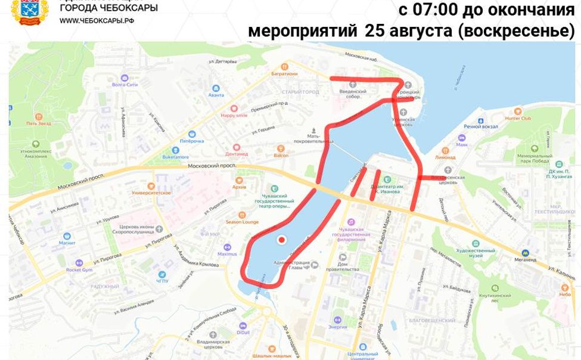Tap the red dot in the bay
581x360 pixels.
282,240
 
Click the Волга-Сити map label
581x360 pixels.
125,84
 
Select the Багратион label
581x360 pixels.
284,73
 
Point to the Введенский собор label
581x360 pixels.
350,93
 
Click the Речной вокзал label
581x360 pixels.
480,126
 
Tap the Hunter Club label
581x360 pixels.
518,118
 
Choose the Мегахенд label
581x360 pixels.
525,259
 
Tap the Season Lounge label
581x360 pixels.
242,222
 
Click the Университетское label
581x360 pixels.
151,193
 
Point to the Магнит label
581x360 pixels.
67,243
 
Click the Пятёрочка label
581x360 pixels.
192,141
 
